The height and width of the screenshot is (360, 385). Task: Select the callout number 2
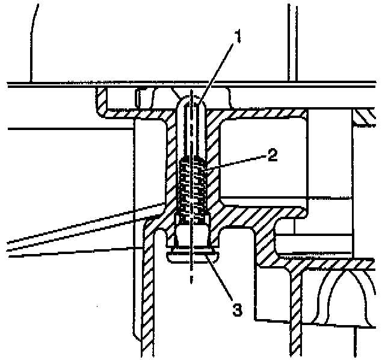[272, 156]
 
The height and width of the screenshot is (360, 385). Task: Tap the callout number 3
[237, 309]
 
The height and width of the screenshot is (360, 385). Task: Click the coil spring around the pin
[192, 187]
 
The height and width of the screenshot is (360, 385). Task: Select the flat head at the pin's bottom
[191, 256]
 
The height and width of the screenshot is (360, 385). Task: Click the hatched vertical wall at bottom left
[147, 295]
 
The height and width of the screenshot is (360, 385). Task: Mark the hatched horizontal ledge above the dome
[337, 263]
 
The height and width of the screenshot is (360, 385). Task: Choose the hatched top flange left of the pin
[138, 112]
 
